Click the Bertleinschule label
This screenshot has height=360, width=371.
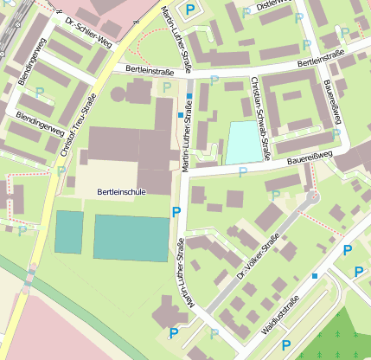click(121, 191)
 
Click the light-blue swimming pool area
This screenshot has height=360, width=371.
click(243, 142)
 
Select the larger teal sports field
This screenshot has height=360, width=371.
click(131, 237)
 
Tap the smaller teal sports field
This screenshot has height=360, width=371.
click(69, 231)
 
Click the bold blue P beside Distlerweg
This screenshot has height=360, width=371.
click(190, 10)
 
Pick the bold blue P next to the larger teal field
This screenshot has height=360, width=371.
click(176, 211)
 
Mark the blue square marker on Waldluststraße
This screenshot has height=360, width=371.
click(315, 275)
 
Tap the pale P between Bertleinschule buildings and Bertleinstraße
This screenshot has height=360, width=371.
click(167, 87)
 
